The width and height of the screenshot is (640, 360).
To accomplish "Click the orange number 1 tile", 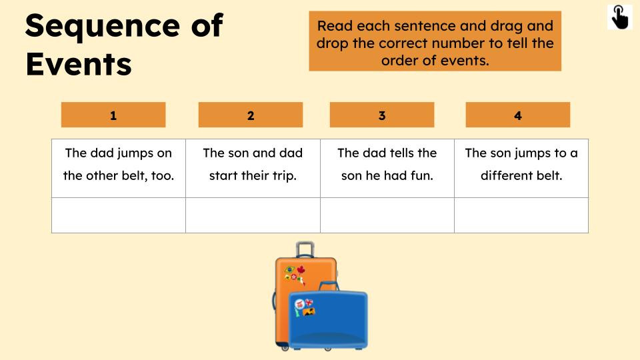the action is pyautogui.click(x=113, y=115).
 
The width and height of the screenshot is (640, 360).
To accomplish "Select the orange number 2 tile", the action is pyautogui.click(x=251, y=115).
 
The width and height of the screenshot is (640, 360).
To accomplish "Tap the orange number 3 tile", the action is pyautogui.click(x=382, y=115).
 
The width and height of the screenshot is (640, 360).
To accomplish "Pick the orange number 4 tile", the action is pyautogui.click(x=518, y=115).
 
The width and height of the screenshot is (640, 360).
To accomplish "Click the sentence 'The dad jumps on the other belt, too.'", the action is pyautogui.click(x=119, y=164).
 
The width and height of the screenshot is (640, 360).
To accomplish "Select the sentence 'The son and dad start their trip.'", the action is pyautogui.click(x=253, y=164).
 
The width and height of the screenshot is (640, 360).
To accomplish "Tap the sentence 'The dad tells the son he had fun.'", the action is pyautogui.click(x=387, y=164).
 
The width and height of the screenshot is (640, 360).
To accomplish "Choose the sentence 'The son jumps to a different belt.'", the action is pyautogui.click(x=521, y=164).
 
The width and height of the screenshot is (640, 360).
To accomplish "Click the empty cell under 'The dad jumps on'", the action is pyautogui.click(x=119, y=215).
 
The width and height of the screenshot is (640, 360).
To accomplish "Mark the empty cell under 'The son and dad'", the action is pyautogui.click(x=253, y=215).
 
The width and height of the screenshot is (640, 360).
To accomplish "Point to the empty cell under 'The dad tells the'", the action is pyautogui.click(x=387, y=215).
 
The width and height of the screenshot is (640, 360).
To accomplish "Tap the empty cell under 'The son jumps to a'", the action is pyautogui.click(x=521, y=215).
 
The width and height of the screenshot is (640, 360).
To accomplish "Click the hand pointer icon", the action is pyautogui.click(x=620, y=17).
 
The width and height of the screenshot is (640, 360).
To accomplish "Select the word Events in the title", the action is pyautogui.click(x=79, y=64).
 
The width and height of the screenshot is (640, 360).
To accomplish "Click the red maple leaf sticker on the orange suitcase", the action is pyautogui.click(x=301, y=270).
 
